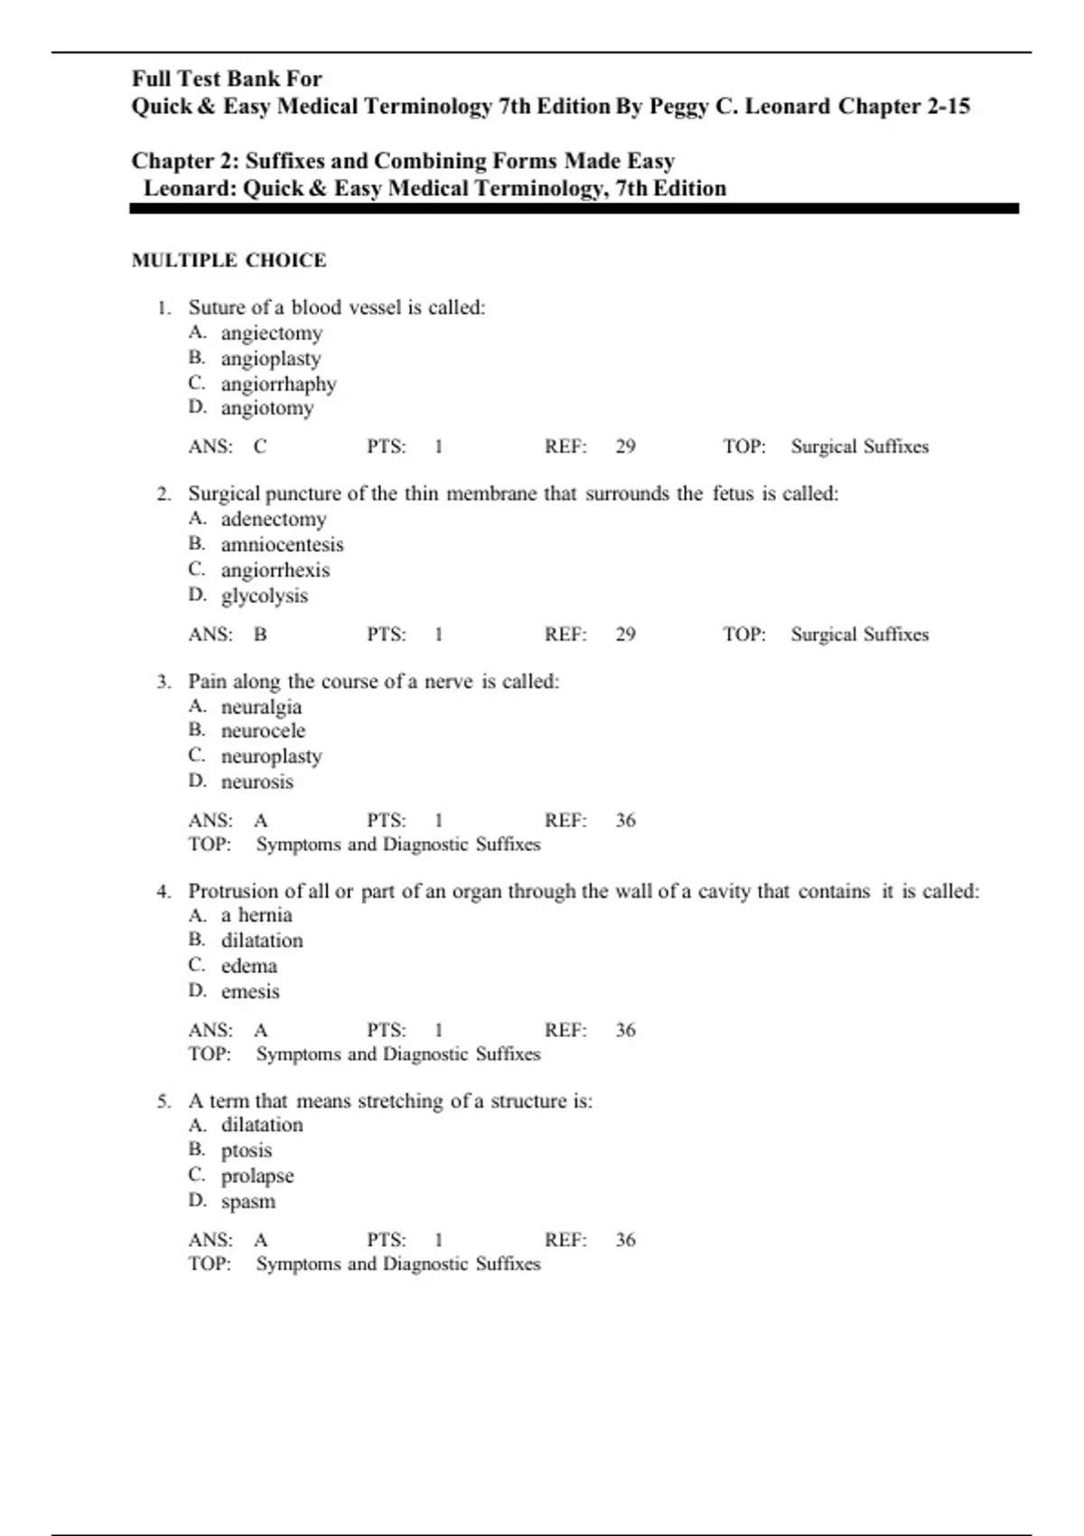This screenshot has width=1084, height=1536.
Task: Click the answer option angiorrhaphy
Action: point(278,384)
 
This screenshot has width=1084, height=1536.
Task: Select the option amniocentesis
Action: point(282,545)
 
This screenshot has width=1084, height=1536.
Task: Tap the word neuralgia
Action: point(261,707)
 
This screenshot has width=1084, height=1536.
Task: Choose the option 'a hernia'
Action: point(257,915)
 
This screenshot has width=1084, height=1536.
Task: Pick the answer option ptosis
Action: point(246,1150)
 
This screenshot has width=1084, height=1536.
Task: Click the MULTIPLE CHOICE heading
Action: point(229,260)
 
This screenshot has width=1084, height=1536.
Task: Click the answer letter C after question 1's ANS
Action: point(260,446)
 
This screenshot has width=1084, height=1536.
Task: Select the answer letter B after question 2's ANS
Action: point(260,634)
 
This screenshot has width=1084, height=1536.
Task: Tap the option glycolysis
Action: point(264,596)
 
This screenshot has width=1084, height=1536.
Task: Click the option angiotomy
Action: point(267,408)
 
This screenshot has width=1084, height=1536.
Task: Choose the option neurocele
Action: point(263,731)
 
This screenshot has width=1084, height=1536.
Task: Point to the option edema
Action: point(248,966)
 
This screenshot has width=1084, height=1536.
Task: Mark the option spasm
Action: point(248,1202)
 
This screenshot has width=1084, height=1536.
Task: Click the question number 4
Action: point(163,892)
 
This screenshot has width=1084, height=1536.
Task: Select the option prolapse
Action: point(257,1176)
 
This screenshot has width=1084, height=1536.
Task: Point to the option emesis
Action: point(250,991)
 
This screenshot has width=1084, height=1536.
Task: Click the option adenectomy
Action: point(273,520)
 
